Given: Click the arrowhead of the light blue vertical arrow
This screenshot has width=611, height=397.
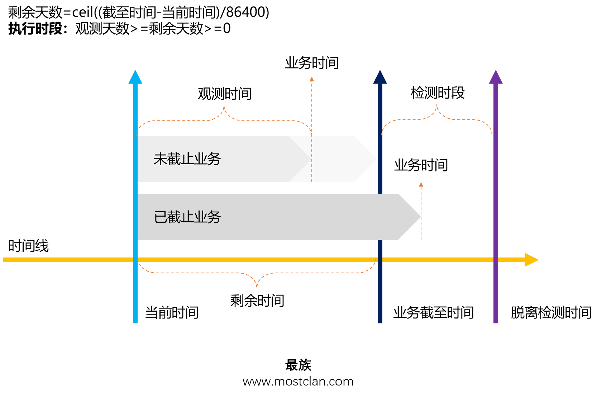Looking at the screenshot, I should click(x=135, y=77).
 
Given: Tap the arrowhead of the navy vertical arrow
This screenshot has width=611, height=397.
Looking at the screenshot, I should click(x=380, y=77).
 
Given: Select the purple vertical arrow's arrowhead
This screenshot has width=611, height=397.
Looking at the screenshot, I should click(x=496, y=77).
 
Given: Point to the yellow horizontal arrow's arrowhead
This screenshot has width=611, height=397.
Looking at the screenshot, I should click(x=532, y=260).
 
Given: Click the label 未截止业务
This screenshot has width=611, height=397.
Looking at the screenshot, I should click(x=187, y=159).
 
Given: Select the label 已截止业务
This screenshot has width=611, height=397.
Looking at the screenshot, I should click(x=187, y=217).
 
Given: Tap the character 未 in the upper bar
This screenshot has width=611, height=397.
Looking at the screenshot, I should click(x=160, y=159).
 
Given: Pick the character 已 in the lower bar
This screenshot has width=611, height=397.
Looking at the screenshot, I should click(x=160, y=217).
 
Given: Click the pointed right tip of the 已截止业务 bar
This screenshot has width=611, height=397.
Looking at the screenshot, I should click(x=420, y=217).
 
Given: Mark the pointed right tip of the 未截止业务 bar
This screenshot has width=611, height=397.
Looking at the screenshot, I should click(x=376, y=159).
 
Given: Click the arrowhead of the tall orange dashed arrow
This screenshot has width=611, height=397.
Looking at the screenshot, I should click(x=312, y=79).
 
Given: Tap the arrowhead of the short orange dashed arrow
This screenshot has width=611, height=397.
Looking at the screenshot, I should click(x=421, y=185).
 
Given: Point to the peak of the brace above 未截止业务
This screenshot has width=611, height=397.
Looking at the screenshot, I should click(x=224, y=107).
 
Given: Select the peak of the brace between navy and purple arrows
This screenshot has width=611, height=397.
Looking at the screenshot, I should click(x=437, y=105).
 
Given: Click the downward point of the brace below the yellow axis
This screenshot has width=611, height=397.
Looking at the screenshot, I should click(x=257, y=287).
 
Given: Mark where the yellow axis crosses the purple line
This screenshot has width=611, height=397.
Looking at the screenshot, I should click(x=496, y=260).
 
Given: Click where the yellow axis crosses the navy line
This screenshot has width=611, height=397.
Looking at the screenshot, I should click(x=380, y=260).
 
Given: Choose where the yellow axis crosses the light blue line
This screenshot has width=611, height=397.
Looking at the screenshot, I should click(x=135, y=260).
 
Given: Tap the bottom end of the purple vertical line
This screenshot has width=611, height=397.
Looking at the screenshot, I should click(x=496, y=322).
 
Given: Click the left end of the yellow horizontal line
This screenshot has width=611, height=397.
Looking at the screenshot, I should click(x=4, y=260).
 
